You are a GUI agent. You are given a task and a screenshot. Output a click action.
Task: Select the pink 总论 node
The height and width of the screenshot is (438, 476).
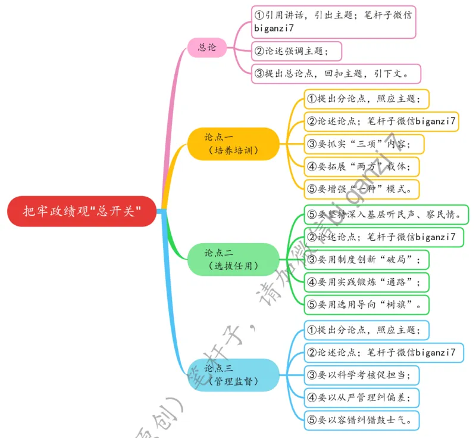(207, 47)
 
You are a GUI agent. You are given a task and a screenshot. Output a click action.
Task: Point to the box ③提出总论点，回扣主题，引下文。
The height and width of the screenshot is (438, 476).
(336, 74)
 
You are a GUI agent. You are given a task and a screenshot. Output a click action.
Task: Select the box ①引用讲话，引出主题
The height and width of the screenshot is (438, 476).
(333, 22)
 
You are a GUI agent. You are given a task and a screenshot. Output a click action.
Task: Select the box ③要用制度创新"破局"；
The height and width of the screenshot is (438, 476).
(366, 260)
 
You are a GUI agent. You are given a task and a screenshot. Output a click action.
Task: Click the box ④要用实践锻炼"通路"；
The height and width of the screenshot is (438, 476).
(366, 282)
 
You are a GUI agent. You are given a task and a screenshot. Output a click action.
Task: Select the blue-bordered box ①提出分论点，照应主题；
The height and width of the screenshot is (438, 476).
(366, 330)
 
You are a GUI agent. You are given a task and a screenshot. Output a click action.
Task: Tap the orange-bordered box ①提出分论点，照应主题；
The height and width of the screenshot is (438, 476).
(366, 99)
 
